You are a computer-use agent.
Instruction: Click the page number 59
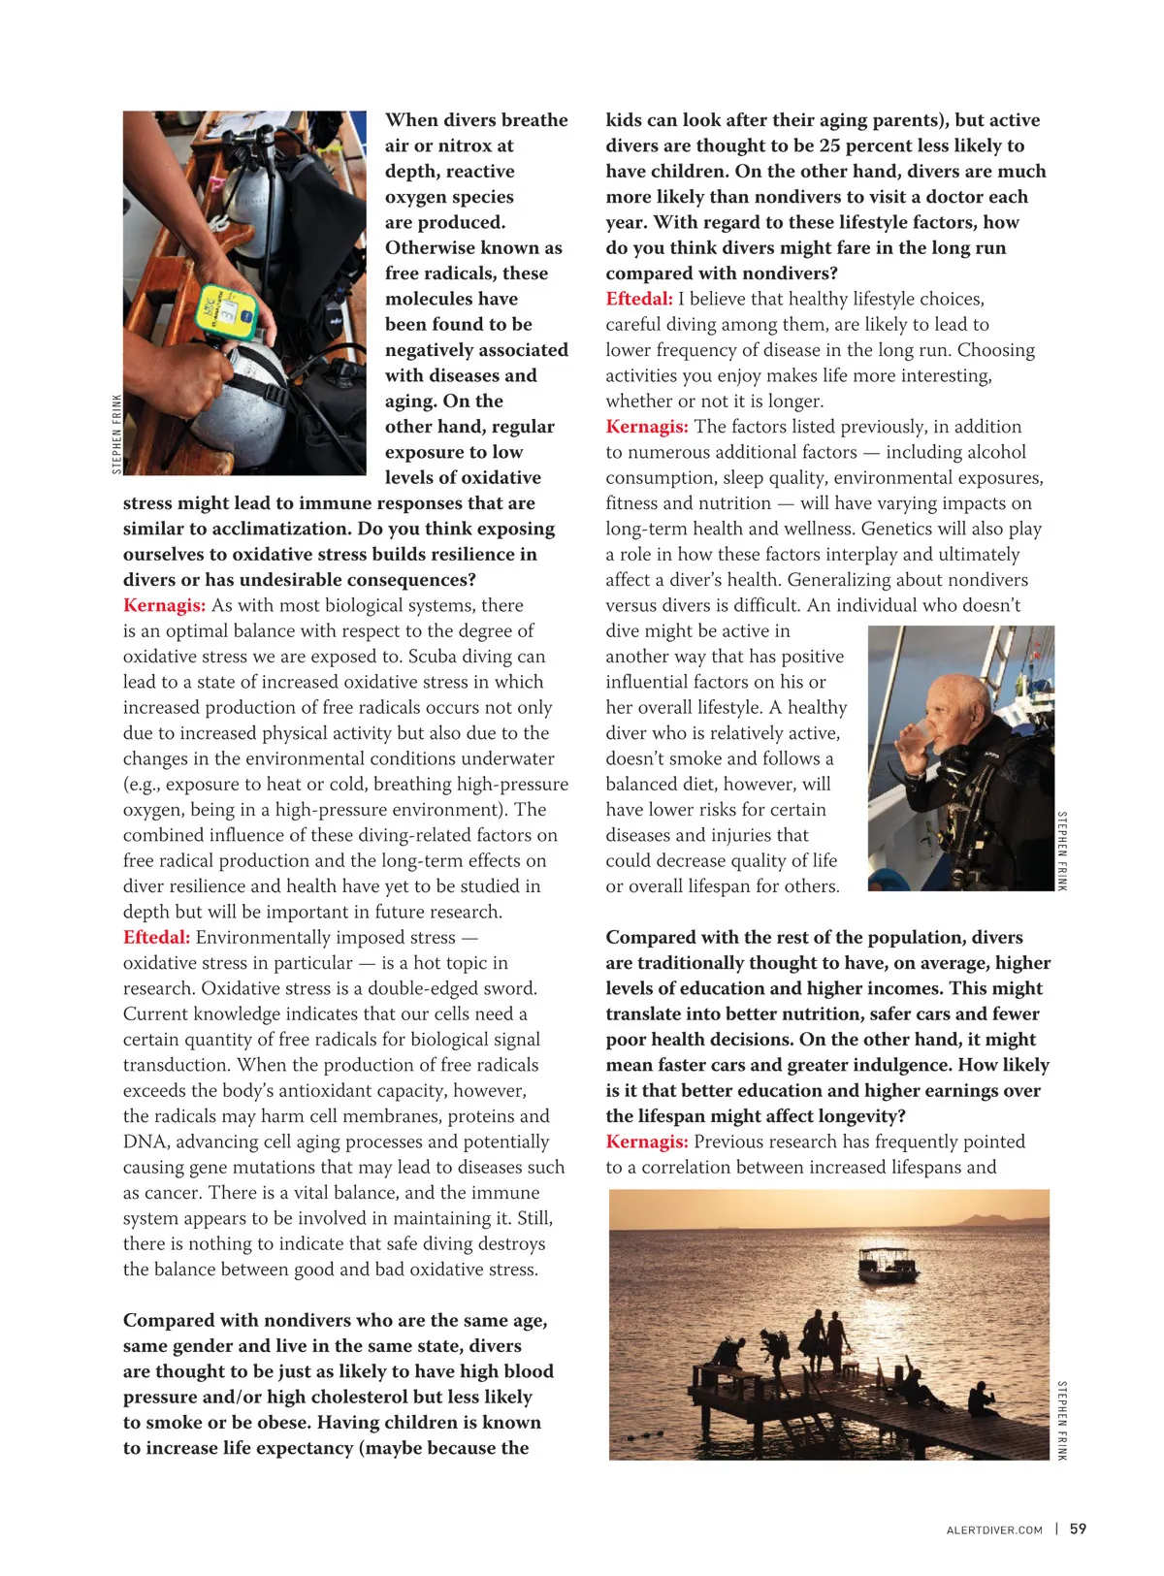(x=1078, y=1528)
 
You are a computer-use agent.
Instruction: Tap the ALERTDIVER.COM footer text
(x=993, y=1530)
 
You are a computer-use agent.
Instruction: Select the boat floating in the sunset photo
(x=888, y=1267)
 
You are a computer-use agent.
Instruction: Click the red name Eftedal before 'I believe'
(x=638, y=299)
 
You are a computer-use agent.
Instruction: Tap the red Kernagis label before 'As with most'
(x=164, y=605)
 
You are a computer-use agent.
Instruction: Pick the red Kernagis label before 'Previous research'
(x=647, y=1142)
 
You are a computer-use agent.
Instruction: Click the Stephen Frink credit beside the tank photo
(x=117, y=434)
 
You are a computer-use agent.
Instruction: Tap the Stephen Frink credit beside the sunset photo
(x=1061, y=1420)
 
